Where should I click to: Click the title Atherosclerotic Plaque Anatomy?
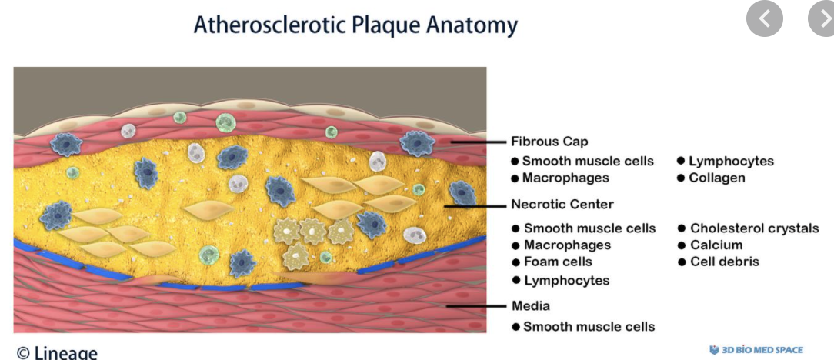point(355,25)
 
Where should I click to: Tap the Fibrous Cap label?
point(549,142)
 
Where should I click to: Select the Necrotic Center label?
point(562,205)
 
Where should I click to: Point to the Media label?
point(531,306)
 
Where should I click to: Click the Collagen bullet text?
point(716,178)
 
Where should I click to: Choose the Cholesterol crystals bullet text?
point(754,228)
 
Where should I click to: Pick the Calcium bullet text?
point(716,245)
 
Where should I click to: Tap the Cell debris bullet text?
point(724,262)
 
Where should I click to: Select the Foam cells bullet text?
point(558,262)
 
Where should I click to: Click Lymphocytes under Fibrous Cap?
point(731,161)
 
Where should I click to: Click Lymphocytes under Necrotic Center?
point(566,280)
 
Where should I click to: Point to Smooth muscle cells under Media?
point(589,326)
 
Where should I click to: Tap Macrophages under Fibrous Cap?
point(565,178)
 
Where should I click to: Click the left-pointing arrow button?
point(764,19)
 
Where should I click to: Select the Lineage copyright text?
point(57,352)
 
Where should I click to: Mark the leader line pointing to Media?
point(476,305)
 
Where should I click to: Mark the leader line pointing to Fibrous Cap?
point(477,142)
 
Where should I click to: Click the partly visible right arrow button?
point(822,19)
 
